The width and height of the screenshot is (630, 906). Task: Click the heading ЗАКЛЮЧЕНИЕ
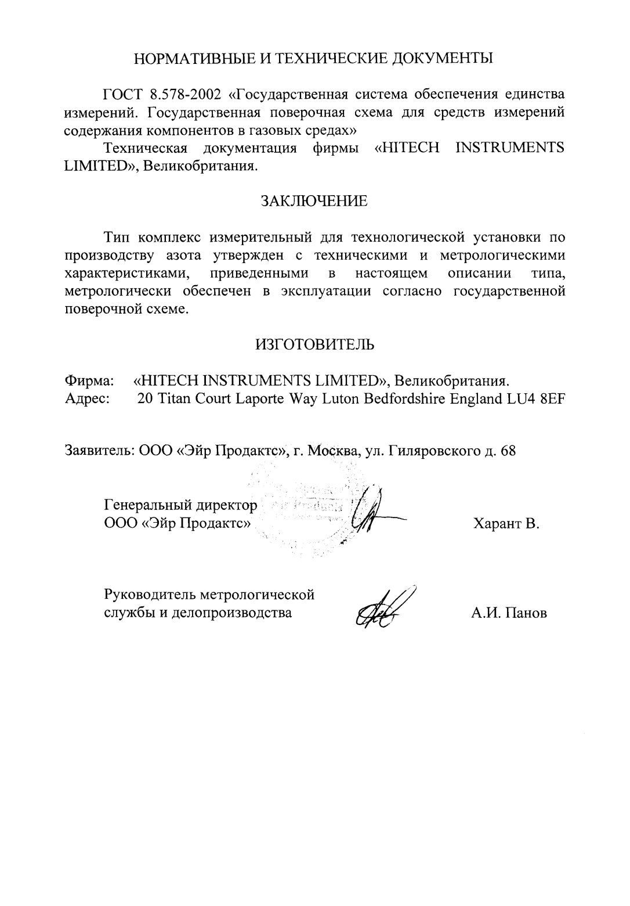pyautogui.click(x=314, y=201)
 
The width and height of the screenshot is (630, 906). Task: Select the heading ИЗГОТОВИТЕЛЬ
pyautogui.click(x=314, y=344)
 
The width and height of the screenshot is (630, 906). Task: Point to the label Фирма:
pyautogui.click(x=89, y=381)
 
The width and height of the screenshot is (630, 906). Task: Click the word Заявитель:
pyautogui.click(x=100, y=451)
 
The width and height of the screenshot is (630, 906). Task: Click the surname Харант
pyautogui.click(x=498, y=524)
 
